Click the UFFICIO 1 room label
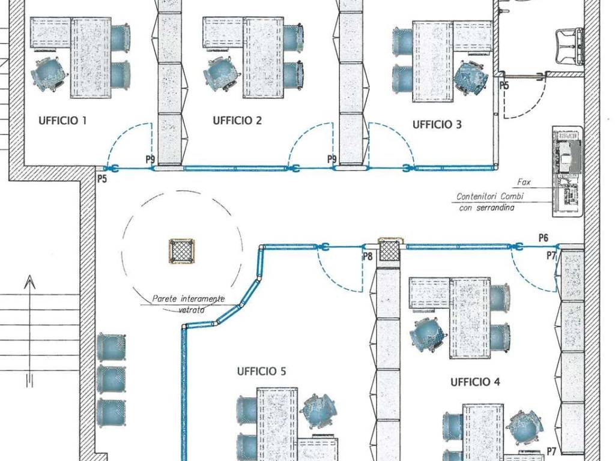62,120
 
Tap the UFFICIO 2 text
237,120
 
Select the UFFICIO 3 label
437,125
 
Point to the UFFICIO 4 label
476,382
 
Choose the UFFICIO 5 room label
262,371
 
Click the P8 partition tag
368,256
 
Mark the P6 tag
543,238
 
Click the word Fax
524,182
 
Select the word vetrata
192,310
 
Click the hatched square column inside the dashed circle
181,251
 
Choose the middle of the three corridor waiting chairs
111,379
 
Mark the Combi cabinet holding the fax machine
567,171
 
